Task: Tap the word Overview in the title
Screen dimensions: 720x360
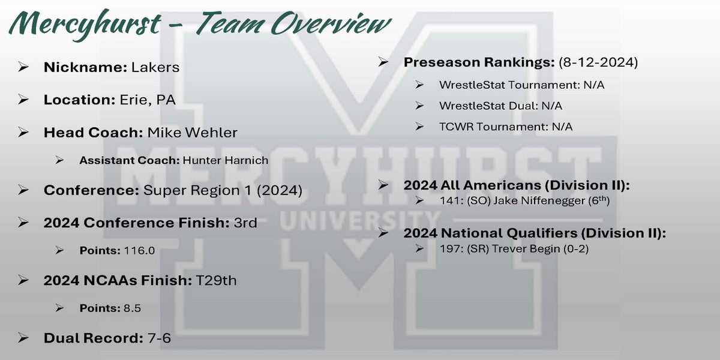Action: (331, 23)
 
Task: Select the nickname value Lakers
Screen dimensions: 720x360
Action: (155, 67)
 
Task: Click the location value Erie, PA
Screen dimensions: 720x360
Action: (148, 100)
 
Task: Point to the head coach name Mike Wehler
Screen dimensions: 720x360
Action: (192, 133)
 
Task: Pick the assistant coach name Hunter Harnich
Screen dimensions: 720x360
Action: (226, 160)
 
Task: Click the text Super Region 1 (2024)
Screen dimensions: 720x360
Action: (223, 190)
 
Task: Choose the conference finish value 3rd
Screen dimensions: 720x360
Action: (245, 223)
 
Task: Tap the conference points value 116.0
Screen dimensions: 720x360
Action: (139, 250)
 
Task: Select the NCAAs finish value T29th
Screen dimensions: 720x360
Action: (216, 280)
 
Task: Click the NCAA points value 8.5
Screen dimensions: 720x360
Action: (132, 308)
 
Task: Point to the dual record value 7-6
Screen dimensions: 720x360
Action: (159, 338)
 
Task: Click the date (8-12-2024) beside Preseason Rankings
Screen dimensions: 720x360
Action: (598, 62)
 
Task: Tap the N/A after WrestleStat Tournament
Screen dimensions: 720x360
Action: (594, 85)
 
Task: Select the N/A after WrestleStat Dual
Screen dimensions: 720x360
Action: (552, 106)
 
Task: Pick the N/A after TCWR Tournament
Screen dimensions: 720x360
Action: (562, 127)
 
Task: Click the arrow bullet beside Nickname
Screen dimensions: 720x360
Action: (23, 67)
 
